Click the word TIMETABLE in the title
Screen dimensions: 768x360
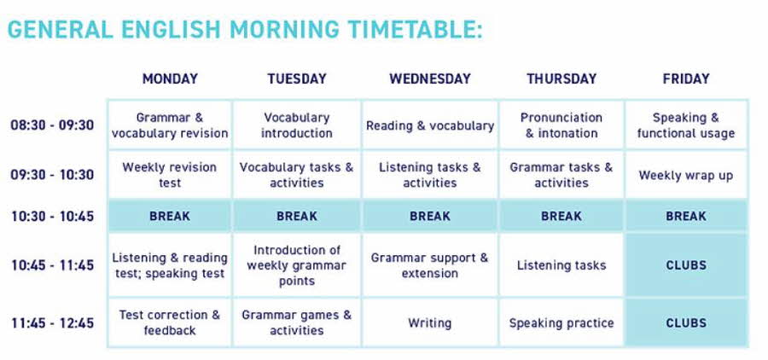416,29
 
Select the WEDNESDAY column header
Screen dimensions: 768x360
430,78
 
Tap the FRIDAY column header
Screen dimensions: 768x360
686,78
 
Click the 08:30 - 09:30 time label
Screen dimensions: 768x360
52,125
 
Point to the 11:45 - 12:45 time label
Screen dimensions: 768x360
52,323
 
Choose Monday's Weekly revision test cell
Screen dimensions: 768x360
170,174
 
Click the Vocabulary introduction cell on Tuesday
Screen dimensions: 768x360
297,125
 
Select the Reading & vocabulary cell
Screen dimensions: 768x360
430,125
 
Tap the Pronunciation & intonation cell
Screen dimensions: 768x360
561,125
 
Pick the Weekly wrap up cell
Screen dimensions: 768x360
686,174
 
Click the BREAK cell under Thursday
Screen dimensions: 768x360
561,216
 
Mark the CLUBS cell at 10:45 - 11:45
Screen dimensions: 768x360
686,265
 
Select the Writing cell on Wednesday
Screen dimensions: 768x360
430,322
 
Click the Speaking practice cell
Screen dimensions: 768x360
561,322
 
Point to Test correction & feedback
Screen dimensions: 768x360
170,322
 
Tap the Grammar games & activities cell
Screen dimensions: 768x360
297,322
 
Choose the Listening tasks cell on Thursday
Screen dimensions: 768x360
561,265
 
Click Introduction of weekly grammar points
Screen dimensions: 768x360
297,265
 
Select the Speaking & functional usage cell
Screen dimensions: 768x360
686,125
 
